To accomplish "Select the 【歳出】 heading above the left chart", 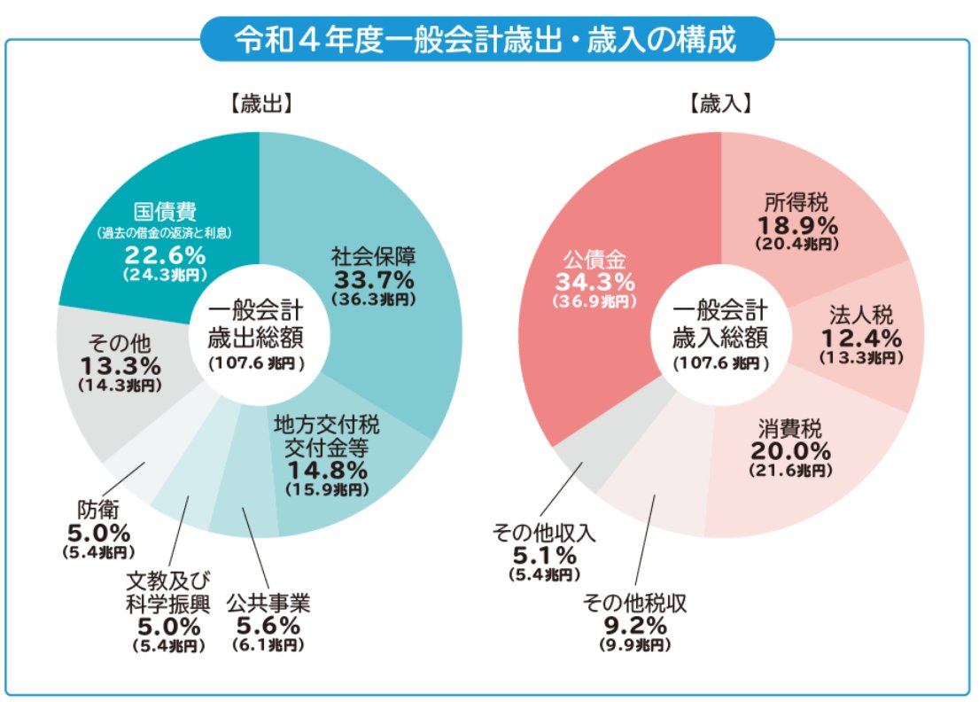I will [260, 104].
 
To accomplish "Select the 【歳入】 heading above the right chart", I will [721, 104].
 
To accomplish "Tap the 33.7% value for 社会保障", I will [373, 280].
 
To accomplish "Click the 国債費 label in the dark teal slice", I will [165, 213].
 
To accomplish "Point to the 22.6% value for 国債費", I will [165, 256].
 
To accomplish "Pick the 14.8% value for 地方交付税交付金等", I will [326, 469].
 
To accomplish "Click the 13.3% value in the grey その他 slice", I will [120, 365].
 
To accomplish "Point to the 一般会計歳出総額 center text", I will [258, 325].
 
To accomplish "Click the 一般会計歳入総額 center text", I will [720, 325].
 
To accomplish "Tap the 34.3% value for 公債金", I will [594, 282].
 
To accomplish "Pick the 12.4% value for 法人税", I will [860, 338].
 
